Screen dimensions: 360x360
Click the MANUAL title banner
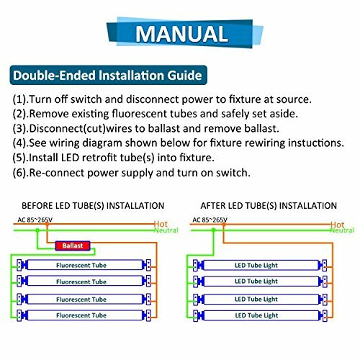(179, 35)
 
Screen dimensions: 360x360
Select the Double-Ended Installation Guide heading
(107, 75)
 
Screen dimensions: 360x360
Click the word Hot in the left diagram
(160, 225)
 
